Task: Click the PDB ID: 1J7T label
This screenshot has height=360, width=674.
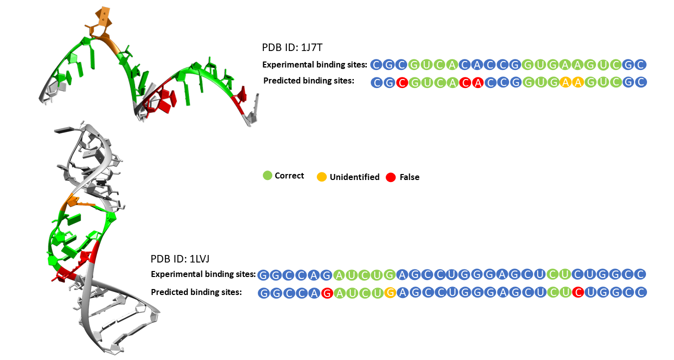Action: [x=294, y=47]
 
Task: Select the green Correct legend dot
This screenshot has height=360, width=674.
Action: [x=267, y=175]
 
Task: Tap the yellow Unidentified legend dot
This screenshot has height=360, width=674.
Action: [x=322, y=176]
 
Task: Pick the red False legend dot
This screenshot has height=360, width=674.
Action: [x=391, y=176]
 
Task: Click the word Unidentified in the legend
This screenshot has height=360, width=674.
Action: [x=354, y=177]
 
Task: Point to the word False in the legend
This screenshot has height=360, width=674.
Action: [x=409, y=177]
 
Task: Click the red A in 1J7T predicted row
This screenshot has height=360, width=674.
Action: [x=477, y=82]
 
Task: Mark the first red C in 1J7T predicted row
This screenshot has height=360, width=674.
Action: [x=401, y=82]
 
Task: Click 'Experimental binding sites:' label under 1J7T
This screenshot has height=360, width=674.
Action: [x=315, y=64]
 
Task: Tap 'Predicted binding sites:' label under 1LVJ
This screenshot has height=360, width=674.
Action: [x=196, y=292]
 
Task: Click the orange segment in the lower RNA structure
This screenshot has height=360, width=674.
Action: [x=75, y=202]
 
